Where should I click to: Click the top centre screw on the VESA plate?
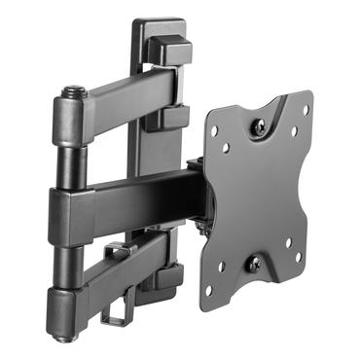coord(260,125)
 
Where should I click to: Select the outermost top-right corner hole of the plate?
coord(305,109)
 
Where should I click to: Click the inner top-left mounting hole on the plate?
coord(226,148)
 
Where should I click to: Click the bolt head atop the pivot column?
coord(74,93)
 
